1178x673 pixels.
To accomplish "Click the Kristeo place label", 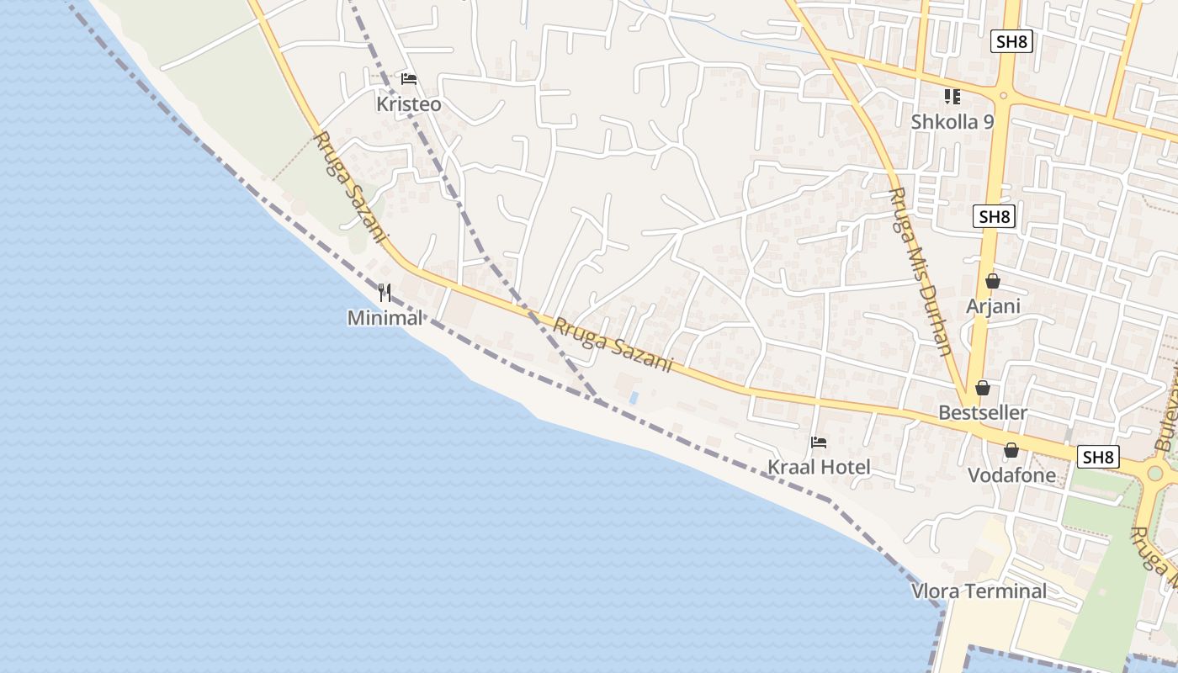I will [x=409, y=104].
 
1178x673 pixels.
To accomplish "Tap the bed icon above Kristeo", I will [x=409, y=79].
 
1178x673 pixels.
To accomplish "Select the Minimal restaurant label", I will [x=385, y=318].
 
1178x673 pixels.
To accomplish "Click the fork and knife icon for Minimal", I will [x=385, y=293].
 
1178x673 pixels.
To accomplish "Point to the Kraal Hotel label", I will [x=819, y=467].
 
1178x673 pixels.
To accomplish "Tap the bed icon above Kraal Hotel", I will [x=819, y=442].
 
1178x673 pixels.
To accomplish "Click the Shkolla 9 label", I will [x=952, y=122].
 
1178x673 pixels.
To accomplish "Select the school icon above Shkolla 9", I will [x=952, y=97].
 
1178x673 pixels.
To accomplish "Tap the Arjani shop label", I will [x=993, y=306].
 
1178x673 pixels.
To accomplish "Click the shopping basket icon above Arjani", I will [x=993, y=281].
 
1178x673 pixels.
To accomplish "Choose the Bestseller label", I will [x=983, y=413].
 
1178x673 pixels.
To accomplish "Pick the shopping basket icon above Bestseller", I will [x=983, y=388].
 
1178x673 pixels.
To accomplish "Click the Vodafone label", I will [x=1011, y=475].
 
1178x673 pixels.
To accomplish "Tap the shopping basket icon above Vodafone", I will [x=1011, y=450].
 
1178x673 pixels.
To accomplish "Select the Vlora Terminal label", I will [x=979, y=591].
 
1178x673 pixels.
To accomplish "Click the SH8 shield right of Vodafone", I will [x=1098, y=457].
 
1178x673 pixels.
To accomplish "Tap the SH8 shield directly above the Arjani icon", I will [x=994, y=216].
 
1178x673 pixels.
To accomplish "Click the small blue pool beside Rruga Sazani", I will [x=634, y=395].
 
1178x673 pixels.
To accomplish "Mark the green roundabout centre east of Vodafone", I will [x=1154, y=473].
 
